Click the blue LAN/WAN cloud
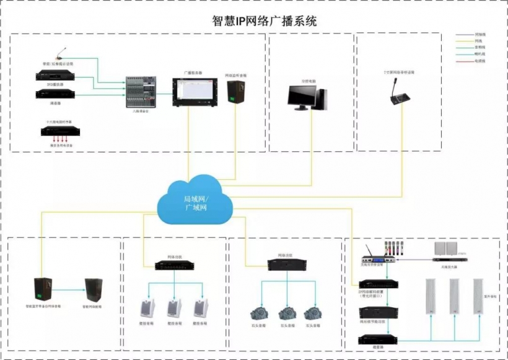tap(194, 203)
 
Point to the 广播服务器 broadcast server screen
tap(193, 91)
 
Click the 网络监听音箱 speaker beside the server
tap(235, 92)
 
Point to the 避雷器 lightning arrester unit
tap(379, 340)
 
